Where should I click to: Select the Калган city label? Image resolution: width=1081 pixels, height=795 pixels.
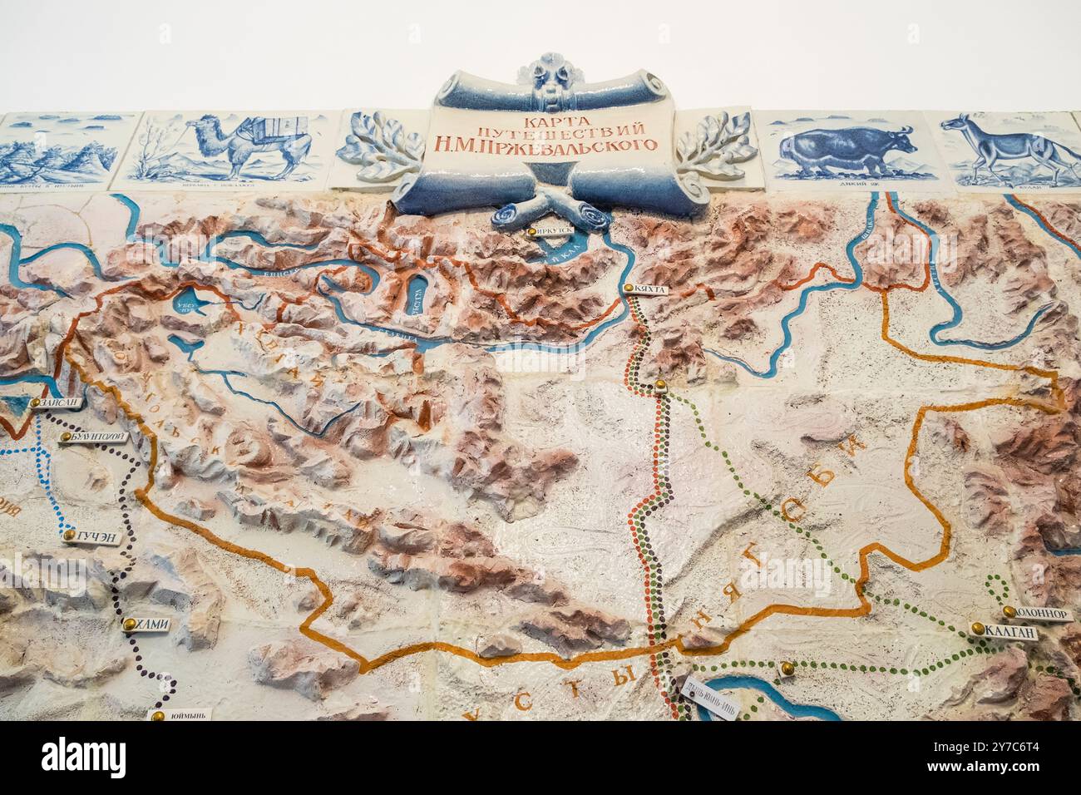click(1010, 632)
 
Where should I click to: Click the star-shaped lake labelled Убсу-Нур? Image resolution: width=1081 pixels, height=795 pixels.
click(193, 306)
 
